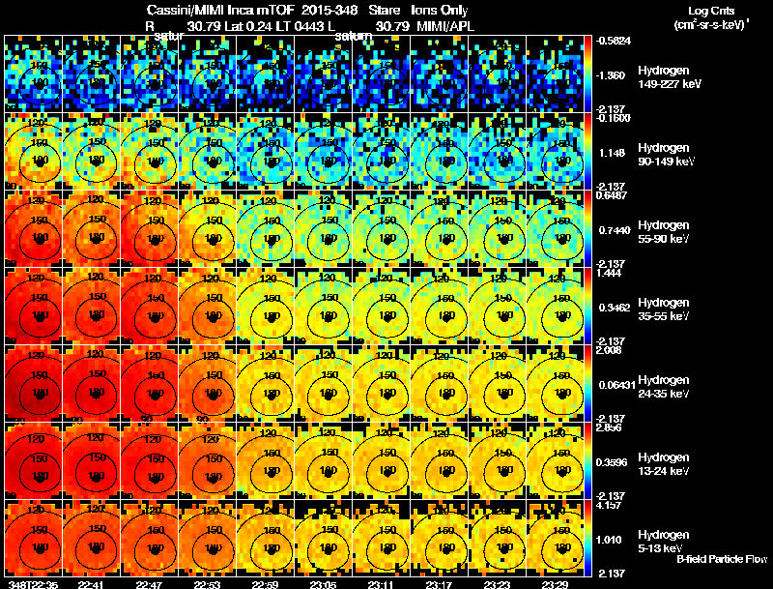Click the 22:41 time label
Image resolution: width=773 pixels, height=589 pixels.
[x=91, y=583]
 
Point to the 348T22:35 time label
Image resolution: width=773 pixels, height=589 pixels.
[x=31, y=583]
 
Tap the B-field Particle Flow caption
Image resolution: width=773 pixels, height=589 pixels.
[x=721, y=559]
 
